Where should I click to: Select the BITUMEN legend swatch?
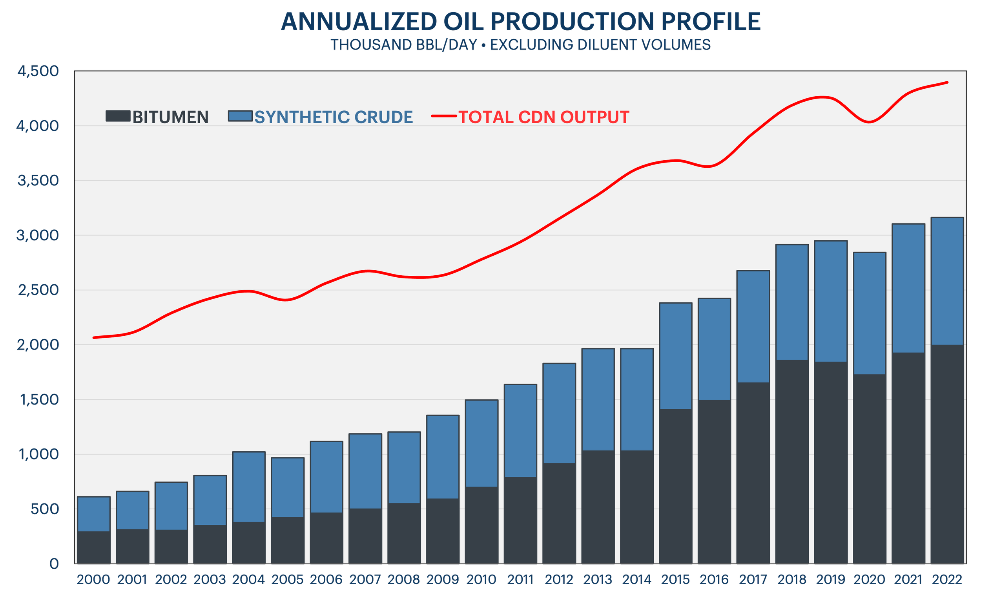pos(118,116)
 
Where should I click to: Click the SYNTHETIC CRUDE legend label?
pos(334,117)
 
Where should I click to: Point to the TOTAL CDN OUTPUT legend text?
pos(543,117)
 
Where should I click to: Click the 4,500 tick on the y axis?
pos(38,71)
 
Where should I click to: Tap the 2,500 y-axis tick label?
pos(38,290)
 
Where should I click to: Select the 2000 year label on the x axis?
pos(93,579)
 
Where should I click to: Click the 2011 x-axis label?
pos(520,579)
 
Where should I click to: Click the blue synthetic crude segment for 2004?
pos(249,487)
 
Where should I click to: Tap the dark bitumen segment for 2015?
pos(676,486)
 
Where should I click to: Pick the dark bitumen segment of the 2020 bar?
pos(870,469)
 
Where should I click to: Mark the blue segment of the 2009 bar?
pos(443,457)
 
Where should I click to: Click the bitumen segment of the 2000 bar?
pos(93,547)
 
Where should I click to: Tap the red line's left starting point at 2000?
pos(94,337)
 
